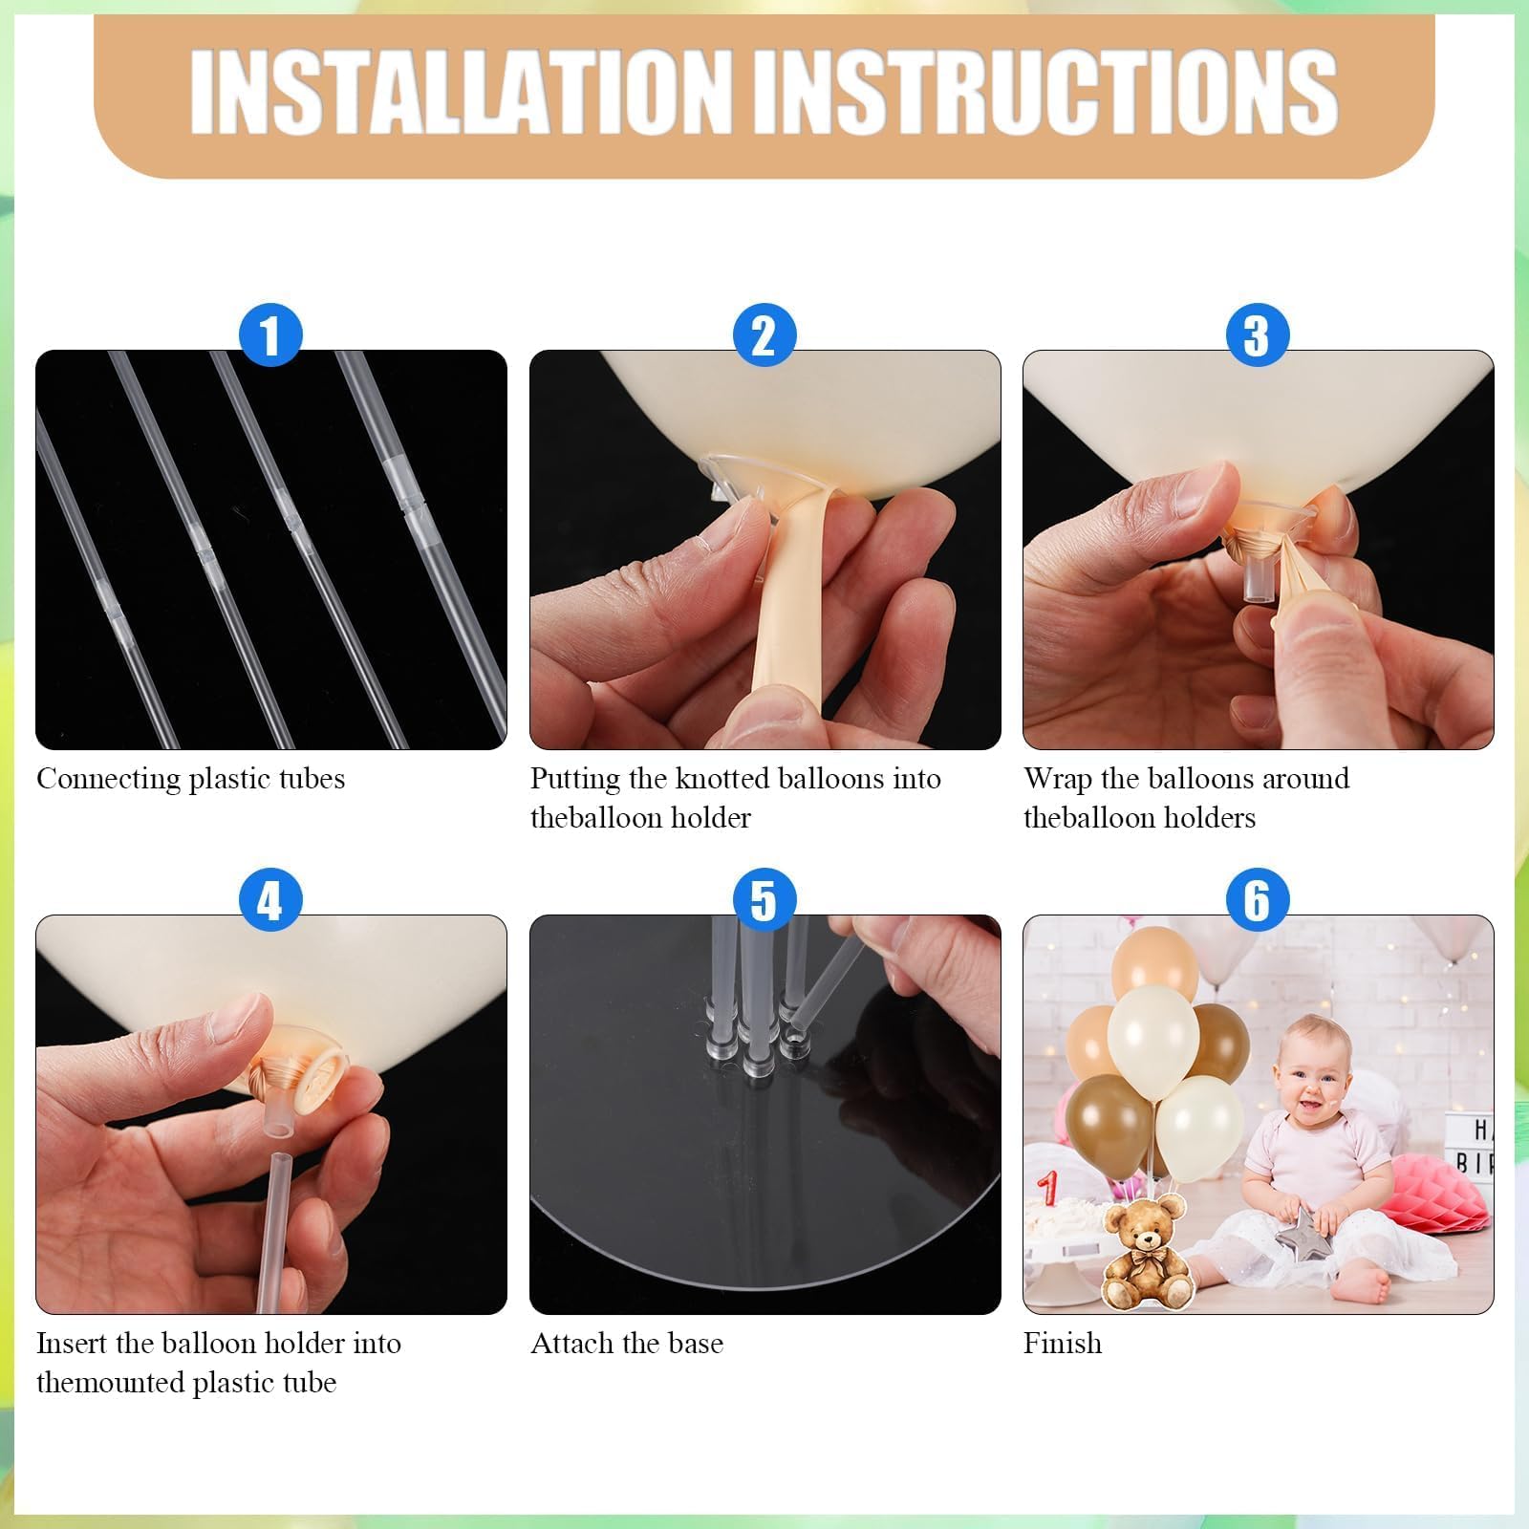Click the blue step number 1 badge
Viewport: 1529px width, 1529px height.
coord(270,335)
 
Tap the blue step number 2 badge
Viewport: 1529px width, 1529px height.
coord(764,335)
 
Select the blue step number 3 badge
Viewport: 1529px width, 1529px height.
coord(1258,335)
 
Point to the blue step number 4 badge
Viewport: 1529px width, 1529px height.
coord(270,900)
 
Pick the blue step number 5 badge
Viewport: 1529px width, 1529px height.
coord(764,900)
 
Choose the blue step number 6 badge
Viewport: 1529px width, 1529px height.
coord(1258,900)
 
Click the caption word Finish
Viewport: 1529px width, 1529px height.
coord(1063,1344)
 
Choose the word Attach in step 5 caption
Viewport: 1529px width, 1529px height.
coord(572,1344)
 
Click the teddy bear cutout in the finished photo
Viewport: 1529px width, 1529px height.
coord(1144,1251)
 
